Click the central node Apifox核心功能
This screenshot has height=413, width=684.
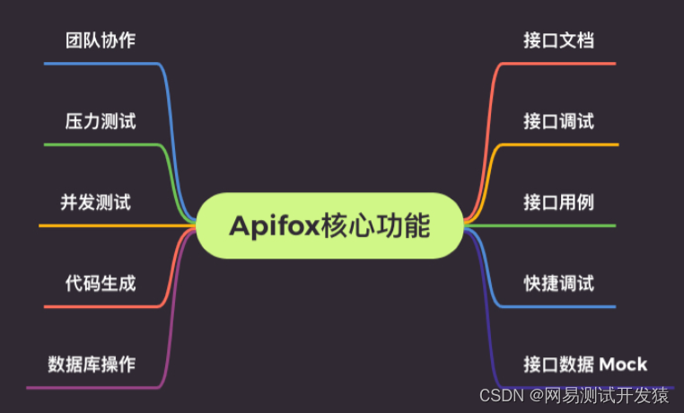point(329,225)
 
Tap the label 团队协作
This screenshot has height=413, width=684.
point(101,40)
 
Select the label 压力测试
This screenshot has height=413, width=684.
point(101,121)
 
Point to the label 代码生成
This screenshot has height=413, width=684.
point(101,284)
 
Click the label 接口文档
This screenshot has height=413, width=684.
point(558,40)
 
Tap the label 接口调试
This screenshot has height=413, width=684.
point(558,121)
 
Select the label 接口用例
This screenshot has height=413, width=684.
point(558,202)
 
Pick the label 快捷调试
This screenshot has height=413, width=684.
point(558,284)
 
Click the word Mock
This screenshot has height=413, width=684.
point(623,365)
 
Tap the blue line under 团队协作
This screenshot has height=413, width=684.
point(99,64)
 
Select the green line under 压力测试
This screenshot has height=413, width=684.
point(99,145)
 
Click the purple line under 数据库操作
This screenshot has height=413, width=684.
point(90,388)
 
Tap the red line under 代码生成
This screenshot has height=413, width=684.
point(99,307)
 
